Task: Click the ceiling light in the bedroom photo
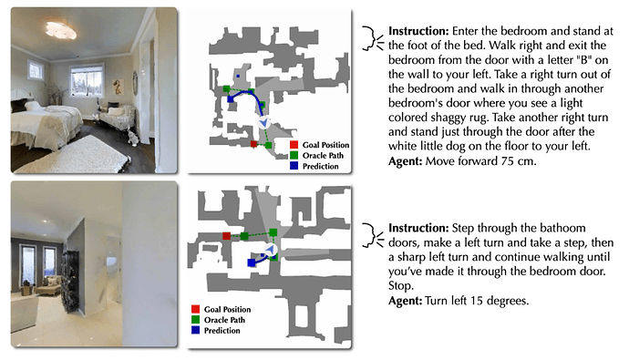pos(61,30)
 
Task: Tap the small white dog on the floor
pos(132,137)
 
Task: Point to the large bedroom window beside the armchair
pos(87,81)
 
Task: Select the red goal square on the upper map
pos(253,144)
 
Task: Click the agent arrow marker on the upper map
pos(263,122)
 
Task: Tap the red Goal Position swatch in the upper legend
pos(294,145)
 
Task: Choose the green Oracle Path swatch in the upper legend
pos(294,155)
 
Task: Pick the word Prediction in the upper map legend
pos(321,166)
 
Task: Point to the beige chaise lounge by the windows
pos(47,284)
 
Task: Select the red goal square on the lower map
pos(227,236)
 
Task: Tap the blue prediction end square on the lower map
pos(252,263)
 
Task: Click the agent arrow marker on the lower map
pos(271,250)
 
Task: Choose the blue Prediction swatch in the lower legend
pos(195,330)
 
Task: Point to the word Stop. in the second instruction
pos(400,286)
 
